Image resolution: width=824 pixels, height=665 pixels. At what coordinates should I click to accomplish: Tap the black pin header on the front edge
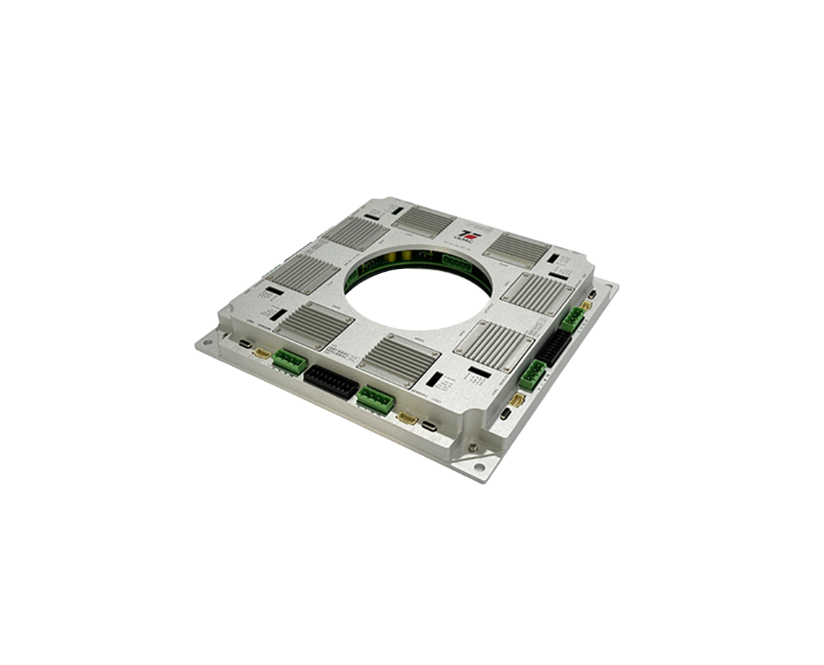coord(331,382)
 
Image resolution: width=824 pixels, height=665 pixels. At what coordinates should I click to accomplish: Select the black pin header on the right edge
coord(554,348)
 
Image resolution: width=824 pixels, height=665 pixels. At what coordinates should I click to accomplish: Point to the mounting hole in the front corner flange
coord(479,468)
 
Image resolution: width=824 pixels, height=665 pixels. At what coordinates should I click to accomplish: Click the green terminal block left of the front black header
coord(290,361)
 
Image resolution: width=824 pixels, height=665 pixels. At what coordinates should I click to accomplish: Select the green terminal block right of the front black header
coord(375,399)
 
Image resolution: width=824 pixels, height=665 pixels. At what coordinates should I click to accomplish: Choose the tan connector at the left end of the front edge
coord(262,353)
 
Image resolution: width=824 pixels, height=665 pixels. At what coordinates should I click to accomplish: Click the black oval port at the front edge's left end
coord(246,344)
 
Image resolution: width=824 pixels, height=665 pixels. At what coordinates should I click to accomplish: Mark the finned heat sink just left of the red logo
coord(424,221)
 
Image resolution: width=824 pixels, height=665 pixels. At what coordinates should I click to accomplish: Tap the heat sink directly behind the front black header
coord(398,358)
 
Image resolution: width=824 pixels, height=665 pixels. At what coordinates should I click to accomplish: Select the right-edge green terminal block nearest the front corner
coord(532,376)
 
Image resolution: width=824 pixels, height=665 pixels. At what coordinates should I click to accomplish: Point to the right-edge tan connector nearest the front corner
coord(517,400)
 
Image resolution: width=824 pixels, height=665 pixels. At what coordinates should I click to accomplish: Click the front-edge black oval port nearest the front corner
coord(430,426)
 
